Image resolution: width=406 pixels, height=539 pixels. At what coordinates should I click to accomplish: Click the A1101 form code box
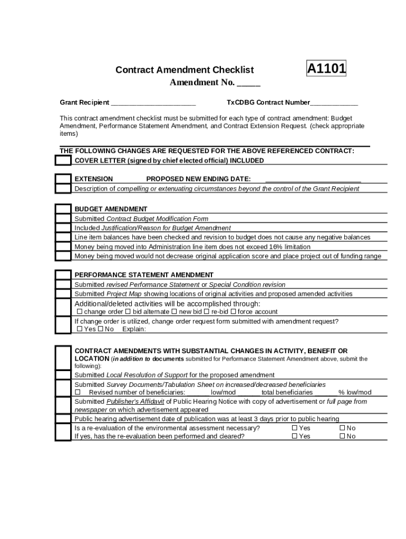pyautogui.click(x=326, y=68)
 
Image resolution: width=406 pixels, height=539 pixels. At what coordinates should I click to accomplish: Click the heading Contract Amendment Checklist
pyautogui.click(x=185, y=70)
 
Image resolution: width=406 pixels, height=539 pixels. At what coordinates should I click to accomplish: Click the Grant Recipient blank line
pyautogui.click(x=153, y=103)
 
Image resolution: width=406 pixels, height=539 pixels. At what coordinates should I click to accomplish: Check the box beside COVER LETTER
pyautogui.click(x=63, y=160)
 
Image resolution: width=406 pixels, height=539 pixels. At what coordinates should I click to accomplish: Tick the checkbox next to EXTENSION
pyautogui.click(x=63, y=179)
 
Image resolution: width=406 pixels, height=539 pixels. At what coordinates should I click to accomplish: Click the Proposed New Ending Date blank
pyautogui.click(x=313, y=179)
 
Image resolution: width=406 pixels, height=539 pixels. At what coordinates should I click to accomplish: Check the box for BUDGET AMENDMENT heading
pyautogui.click(x=63, y=209)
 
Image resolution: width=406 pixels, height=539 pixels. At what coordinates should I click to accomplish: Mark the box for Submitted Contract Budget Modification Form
pyautogui.click(x=63, y=218)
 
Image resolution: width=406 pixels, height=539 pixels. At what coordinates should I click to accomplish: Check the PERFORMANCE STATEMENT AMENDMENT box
pyautogui.click(x=63, y=275)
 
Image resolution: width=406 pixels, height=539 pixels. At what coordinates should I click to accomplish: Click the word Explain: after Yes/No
pyautogui.click(x=134, y=330)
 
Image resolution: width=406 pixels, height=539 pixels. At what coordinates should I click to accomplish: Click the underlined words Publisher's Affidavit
pyautogui.click(x=135, y=402)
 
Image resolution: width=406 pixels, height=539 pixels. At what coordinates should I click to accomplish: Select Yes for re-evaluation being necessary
pyautogui.click(x=295, y=428)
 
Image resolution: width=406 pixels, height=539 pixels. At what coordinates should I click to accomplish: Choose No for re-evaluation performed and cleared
pyautogui.click(x=342, y=436)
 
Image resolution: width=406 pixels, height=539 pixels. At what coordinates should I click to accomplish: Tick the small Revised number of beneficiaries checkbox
pyautogui.click(x=78, y=393)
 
